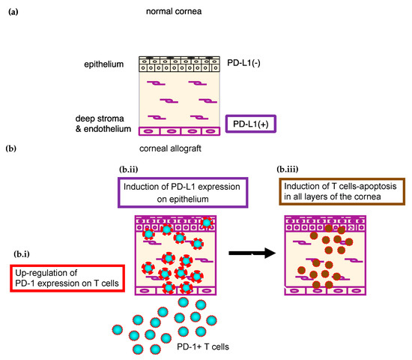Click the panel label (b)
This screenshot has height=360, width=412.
point(13,149)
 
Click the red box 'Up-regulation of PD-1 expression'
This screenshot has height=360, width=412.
point(61,280)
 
